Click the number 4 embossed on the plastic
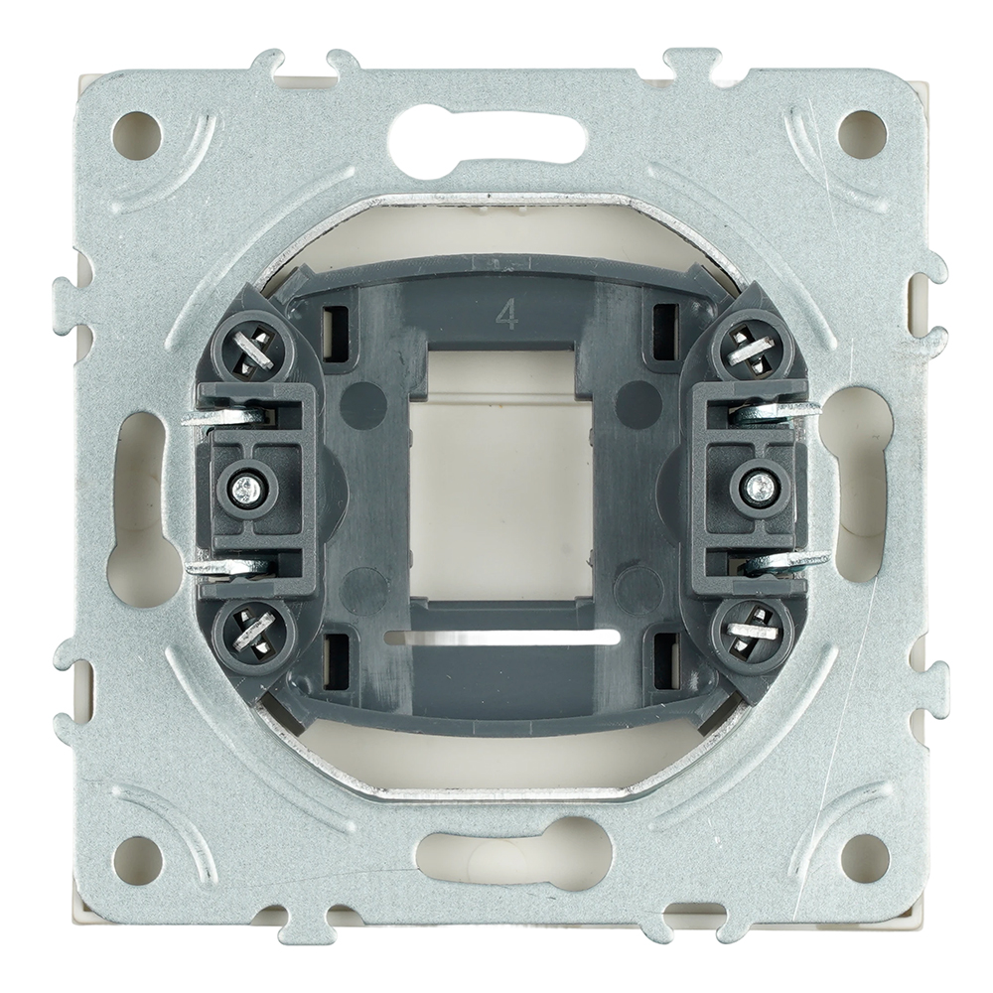click(507, 315)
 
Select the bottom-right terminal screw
click(751, 632)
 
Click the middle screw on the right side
click(758, 486)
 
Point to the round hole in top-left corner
click(136, 135)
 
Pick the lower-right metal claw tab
click(789, 562)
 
